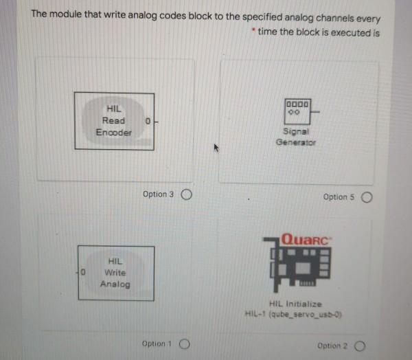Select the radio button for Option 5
(x=367, y=197)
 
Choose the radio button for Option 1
(x=184, y=344)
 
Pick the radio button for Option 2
(x=360, y=346)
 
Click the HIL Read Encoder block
(x=114, y=121)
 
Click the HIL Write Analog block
(x=115, y=272)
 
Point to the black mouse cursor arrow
(x=217, y=147)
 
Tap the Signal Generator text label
(x=296, y=138)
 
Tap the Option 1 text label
(x=157, y=343)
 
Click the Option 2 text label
(x=332, y=346)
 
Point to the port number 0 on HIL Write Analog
(x=82, y=273)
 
